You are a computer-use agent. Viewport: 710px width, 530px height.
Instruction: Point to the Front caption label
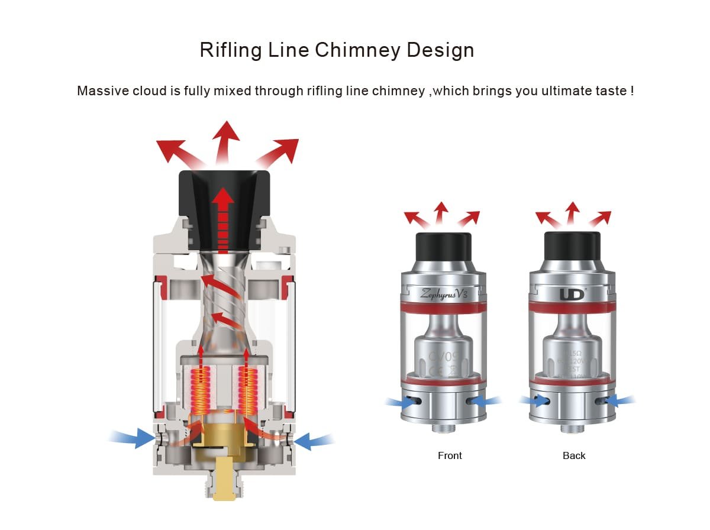(450, 455)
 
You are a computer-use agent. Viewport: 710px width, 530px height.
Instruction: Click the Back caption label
(574, 455)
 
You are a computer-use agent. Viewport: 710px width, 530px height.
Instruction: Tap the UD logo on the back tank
(571, 293)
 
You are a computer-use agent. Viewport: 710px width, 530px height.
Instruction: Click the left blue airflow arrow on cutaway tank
(133, 438)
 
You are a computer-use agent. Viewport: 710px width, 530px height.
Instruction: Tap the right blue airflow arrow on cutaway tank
(314, 440)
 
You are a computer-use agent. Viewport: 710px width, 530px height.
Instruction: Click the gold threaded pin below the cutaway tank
(224, 483)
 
